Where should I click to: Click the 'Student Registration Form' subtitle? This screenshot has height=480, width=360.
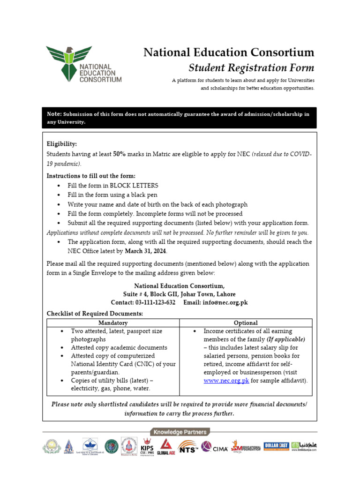point(251,67)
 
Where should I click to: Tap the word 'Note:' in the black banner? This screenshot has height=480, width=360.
point(54,114)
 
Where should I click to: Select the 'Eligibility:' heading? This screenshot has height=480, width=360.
point(62,144)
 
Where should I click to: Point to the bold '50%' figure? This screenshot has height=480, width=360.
point(119,154)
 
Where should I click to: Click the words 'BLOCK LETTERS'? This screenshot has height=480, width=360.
point(134,186)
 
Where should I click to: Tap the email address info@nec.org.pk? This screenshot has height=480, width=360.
point(225,302)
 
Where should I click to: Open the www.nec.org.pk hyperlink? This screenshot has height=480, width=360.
point(226,381)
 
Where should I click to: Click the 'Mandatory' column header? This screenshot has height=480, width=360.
point(113,323)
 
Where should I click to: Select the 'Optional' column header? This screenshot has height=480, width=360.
point(246,323)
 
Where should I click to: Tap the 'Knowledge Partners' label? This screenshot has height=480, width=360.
point(180,432)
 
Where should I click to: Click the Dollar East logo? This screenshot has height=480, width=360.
point(276,445)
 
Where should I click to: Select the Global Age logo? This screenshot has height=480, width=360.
point(165,447)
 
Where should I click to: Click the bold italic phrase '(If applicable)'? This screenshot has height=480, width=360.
point(286,339)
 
